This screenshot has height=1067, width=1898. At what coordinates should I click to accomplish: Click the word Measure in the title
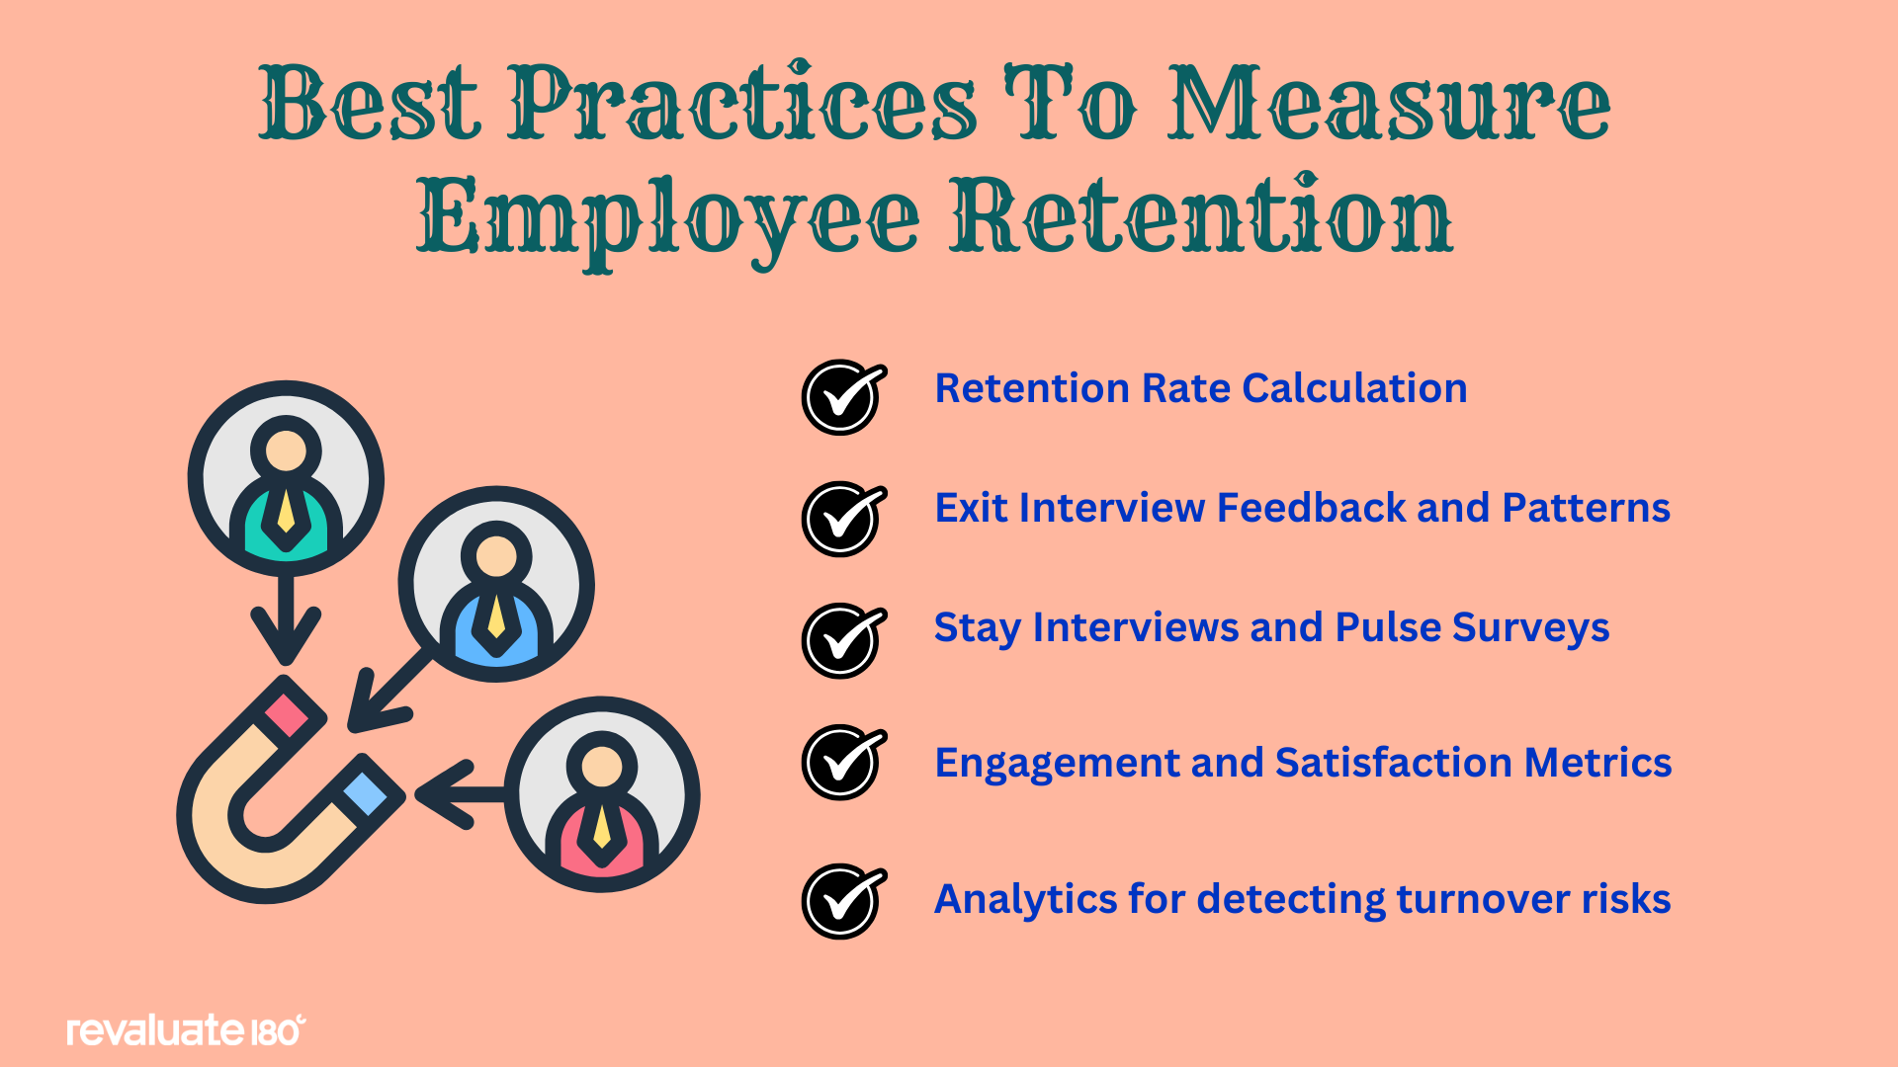[x=1389, y=104]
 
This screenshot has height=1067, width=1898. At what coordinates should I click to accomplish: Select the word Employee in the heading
[x=668, y=221]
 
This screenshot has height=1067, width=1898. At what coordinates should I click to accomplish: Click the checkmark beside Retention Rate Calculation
[x=843, y=397]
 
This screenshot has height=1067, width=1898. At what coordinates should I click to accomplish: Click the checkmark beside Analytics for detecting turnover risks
[x=843, y=901]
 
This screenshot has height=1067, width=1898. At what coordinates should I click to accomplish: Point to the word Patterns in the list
[x=1587, y=508]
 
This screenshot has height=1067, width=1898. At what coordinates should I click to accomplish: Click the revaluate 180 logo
[x=186, y=1030]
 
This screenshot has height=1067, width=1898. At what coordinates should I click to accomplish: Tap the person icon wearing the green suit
[x=286, y=478]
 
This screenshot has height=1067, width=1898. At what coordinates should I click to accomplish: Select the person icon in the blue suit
[x=496, y=584]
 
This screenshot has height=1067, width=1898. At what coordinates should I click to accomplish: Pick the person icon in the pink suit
[x=602, y=794]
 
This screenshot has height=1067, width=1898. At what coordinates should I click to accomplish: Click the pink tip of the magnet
[x=287, y=712]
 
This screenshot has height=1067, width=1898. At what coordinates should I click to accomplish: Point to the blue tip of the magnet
[x=366, y=793]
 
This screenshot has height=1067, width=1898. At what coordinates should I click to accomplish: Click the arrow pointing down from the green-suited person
[x=286, y=619]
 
